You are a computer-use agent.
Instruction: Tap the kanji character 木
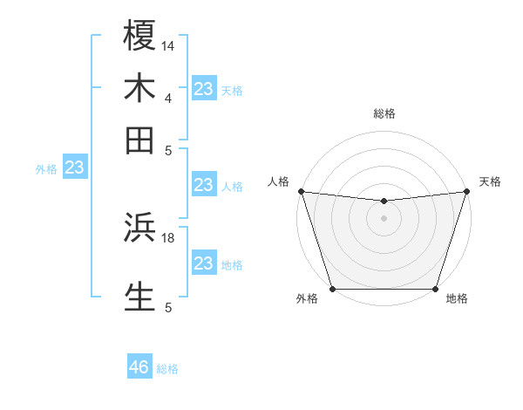click(139, 87)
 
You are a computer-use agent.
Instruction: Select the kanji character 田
click(139, 140)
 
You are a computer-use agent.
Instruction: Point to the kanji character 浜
click(139, 227)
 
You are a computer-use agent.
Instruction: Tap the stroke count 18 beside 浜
click(168, 237)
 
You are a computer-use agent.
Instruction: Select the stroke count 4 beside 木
click(168, 98)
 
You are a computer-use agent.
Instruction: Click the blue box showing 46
click(139, 367)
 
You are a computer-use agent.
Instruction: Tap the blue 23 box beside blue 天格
click(204, 89)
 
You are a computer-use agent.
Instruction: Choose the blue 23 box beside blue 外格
click(74, 167)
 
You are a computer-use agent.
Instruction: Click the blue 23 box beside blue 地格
click(204, 263)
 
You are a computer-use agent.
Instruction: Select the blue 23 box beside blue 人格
click(204, 185)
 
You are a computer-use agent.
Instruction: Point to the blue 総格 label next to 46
click(167, 369)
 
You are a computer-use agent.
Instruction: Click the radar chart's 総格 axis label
click(384, 113)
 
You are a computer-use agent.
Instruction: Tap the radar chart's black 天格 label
click(490, 181)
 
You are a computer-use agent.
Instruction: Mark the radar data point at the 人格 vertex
click(301, 191)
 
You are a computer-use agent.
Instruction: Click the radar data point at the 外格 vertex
click(333, 289)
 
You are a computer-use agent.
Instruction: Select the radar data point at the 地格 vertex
click(435, 289)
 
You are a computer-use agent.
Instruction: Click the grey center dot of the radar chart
click(384, 218)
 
